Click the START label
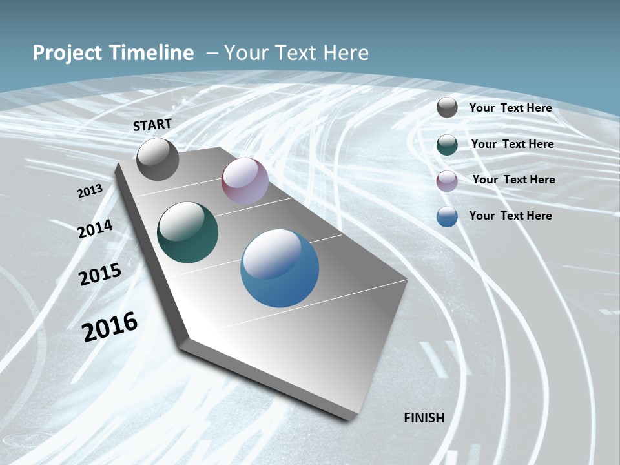coord(152,125)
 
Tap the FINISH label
coord(424,418)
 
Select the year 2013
coord(90,191)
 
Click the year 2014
coord(96,229)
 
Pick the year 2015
coord(100,274)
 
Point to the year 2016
coord(110,326)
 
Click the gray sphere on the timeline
coord(158,160)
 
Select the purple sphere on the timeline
coord(245,181)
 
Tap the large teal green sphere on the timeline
coord(187,232)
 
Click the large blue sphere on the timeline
coord(280,268)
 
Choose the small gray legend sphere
coord(447,108)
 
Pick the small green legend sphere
coord(447,145)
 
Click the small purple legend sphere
coord(447,180)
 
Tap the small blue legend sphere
coord(447,216)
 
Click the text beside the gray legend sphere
coord(510,108)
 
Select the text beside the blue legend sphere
coord(510,216)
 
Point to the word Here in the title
coord(346,53)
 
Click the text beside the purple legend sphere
coord(513,180)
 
